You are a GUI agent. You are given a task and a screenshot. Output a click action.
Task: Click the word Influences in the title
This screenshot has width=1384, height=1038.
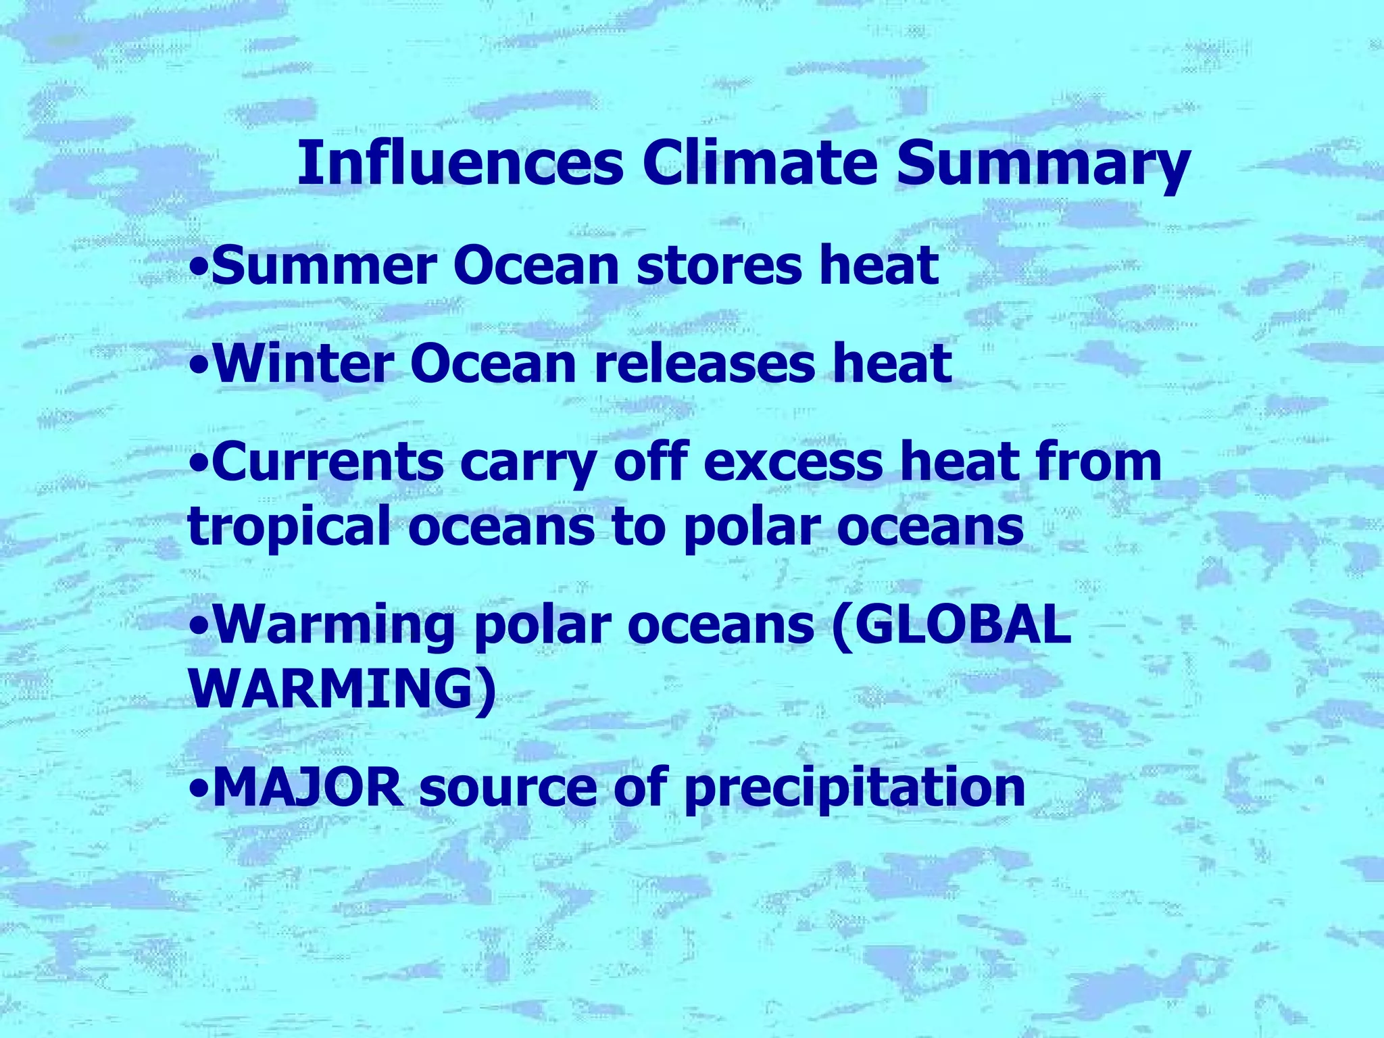click(460, 164)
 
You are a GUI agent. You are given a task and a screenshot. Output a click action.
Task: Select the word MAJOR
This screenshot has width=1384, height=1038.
click(308, 787)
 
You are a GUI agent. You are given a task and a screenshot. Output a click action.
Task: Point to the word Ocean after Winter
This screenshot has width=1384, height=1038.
click(493, 364)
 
